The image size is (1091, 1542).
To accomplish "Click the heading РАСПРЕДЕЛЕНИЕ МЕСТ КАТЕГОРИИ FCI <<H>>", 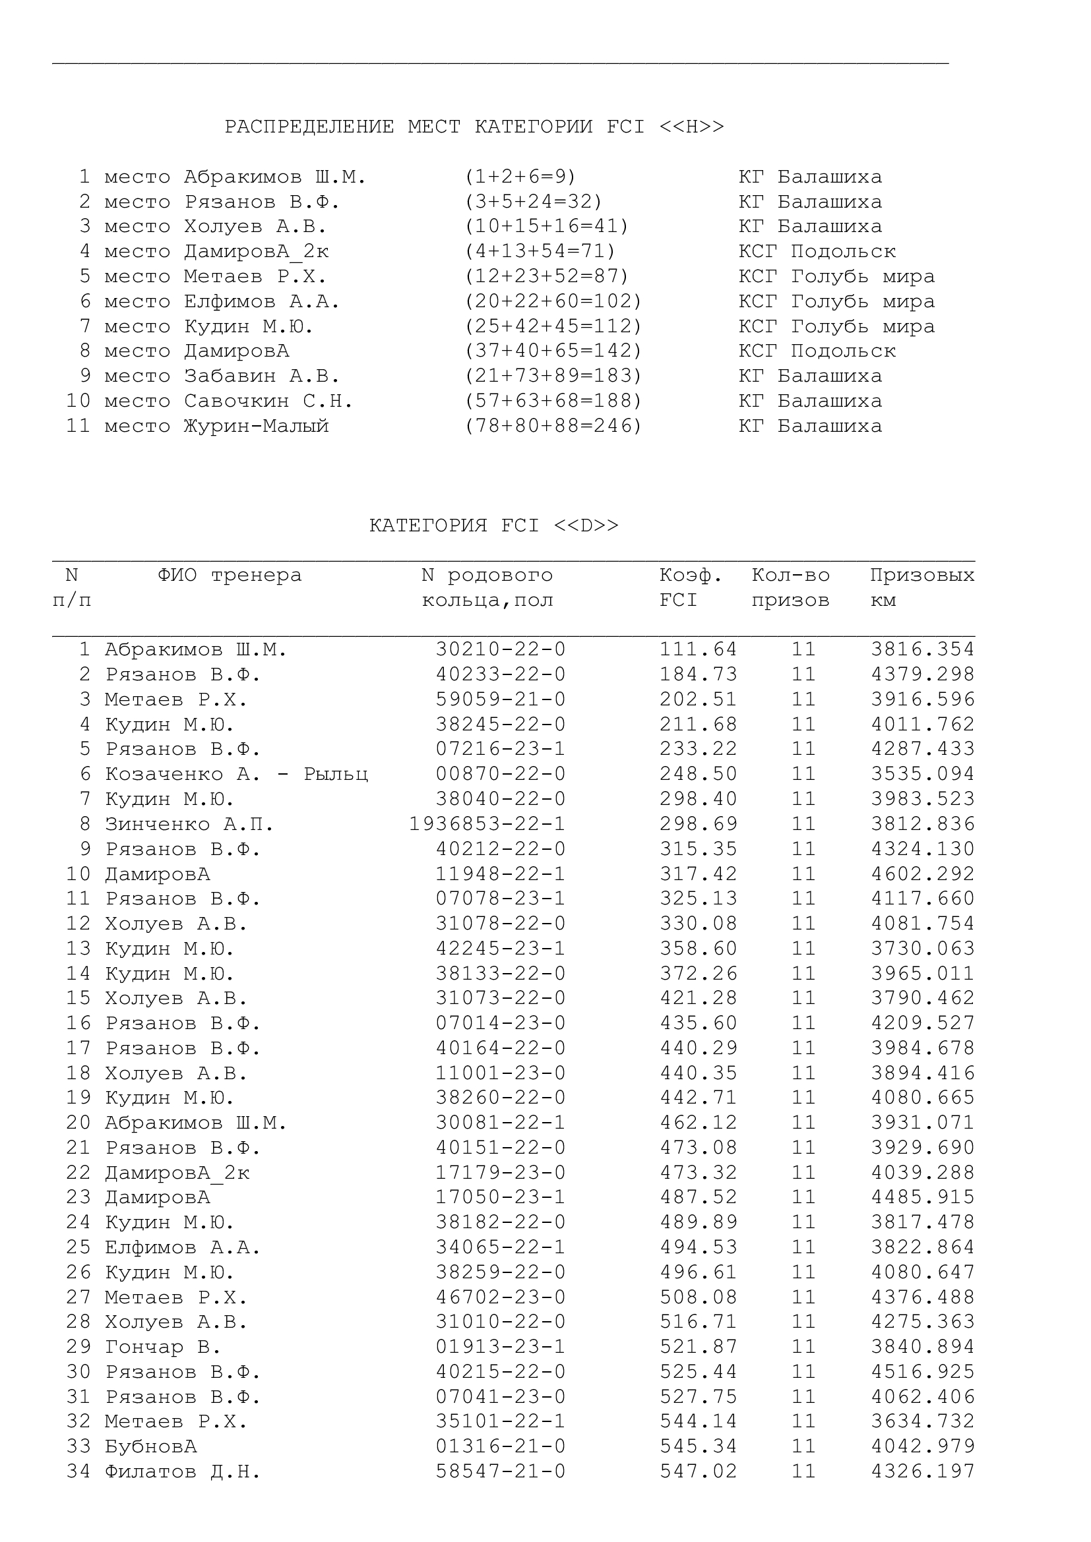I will tap(474, 127).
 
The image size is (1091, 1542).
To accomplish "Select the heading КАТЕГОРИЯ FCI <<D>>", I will tap(494, 525).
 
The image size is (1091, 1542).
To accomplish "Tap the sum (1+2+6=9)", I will tap(520, 177).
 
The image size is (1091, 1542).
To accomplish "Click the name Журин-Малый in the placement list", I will tap(256, 426).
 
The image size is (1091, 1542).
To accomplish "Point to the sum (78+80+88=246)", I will tap(553, 426).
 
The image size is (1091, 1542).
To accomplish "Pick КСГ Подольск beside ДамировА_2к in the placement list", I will tap(816, 251).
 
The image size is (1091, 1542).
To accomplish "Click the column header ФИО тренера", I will tap(230, 575).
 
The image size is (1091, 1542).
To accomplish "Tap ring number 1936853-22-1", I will tap(487, 823).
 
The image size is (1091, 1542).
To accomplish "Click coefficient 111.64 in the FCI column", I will tap(698, 649).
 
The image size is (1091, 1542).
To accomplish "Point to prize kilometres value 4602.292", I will tap(922, 874).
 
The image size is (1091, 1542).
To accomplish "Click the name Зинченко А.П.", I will tap(189, 823).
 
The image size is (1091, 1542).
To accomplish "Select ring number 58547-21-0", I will tap(501, 1471).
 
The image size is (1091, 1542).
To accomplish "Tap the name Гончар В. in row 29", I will tap(162, 1347).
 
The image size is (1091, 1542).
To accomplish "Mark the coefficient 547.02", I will tap(698, 1471).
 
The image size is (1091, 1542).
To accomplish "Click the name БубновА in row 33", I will tap(150, 1446).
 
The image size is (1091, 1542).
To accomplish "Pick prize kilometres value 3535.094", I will tap(922, 774).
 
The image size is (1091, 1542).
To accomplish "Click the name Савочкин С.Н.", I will tap(268, 401).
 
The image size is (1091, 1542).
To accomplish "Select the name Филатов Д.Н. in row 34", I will tap(182, 1471).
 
